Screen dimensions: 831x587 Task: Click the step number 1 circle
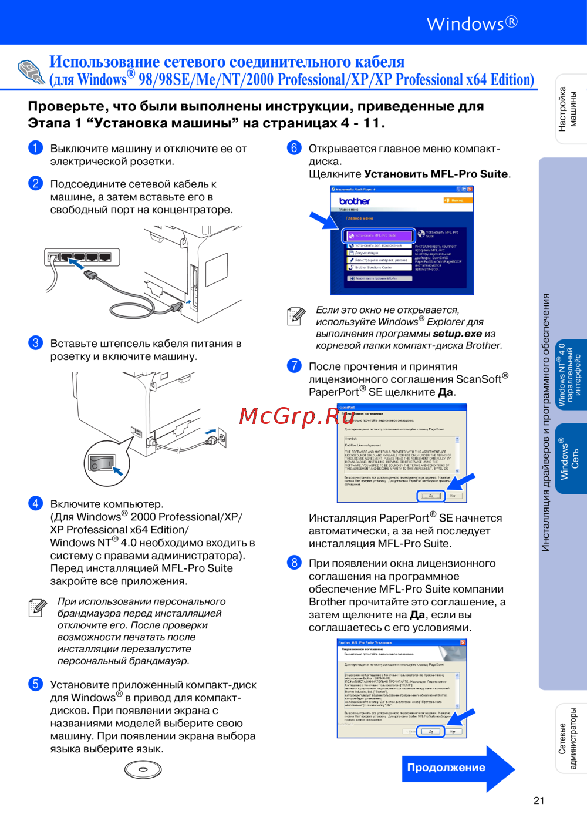click(x=35, y=147)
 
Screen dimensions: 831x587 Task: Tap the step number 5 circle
click(x=35, y=684)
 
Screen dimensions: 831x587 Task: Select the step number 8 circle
click(x=294, y=563)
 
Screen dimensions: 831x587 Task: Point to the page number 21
click(x=539, y=800)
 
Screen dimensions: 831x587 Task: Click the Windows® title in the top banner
click(x=472, y=23)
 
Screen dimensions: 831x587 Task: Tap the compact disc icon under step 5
click(x=143, y=769)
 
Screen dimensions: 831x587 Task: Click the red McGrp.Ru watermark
click(x=297, y=416)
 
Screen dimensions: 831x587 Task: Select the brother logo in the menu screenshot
click(x=355, y=201)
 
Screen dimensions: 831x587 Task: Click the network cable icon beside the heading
click(x=32, y=72)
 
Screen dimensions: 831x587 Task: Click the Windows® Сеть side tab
click(x=570, y=459)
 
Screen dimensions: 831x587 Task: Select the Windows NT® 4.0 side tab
click(x=570, y=374)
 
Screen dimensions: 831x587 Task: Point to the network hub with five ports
click(x=82, y=257)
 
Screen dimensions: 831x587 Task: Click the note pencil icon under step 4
click(x=38, y=608)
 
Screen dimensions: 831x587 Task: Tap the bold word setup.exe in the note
click(x=457, y=334)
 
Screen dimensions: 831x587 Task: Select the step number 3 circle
click(x=35, y=342)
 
